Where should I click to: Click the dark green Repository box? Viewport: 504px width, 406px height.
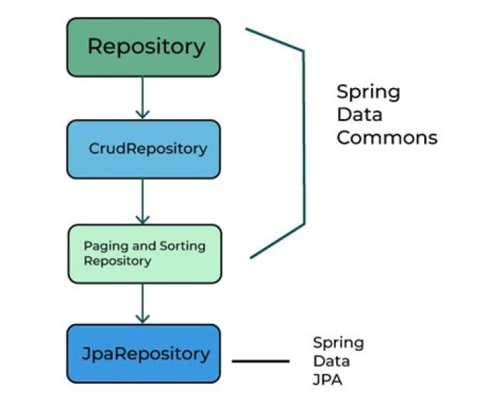143,47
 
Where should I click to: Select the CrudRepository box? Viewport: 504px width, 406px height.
143,148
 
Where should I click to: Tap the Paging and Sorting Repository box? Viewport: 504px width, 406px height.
143,253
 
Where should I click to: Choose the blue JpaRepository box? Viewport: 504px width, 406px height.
143,353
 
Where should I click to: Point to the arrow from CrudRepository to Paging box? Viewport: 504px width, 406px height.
143,201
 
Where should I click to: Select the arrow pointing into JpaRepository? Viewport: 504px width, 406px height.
143,302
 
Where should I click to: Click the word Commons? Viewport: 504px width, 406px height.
386,138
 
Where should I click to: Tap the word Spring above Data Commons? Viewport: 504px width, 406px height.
368,92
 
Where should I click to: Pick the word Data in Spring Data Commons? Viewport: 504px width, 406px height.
359,115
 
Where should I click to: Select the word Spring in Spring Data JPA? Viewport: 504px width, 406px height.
338,343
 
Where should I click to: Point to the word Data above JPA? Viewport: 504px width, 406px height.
331,362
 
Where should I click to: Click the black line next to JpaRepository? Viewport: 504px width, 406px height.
260,361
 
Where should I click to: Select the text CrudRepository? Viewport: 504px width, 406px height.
148,149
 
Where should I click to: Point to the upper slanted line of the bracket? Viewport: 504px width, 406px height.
274,40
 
